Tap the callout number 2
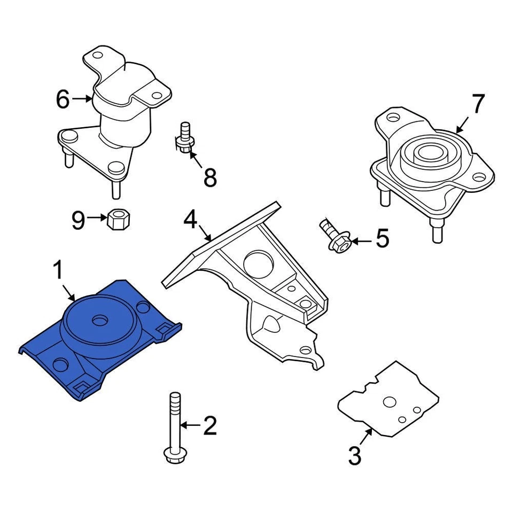[x=209, y=425]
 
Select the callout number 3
[x=355, y=456]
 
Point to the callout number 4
[x=191, y=219]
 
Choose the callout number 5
[x=383, y=239]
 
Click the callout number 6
[x=63, y=99]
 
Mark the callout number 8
[x=210, y=177]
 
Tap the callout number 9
[x=79, y=220]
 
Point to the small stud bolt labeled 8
[x=185, y=138]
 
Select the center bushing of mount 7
[x=426, y=153]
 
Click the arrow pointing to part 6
[x=82, y=99]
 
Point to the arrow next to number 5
[x=361, y=242]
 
